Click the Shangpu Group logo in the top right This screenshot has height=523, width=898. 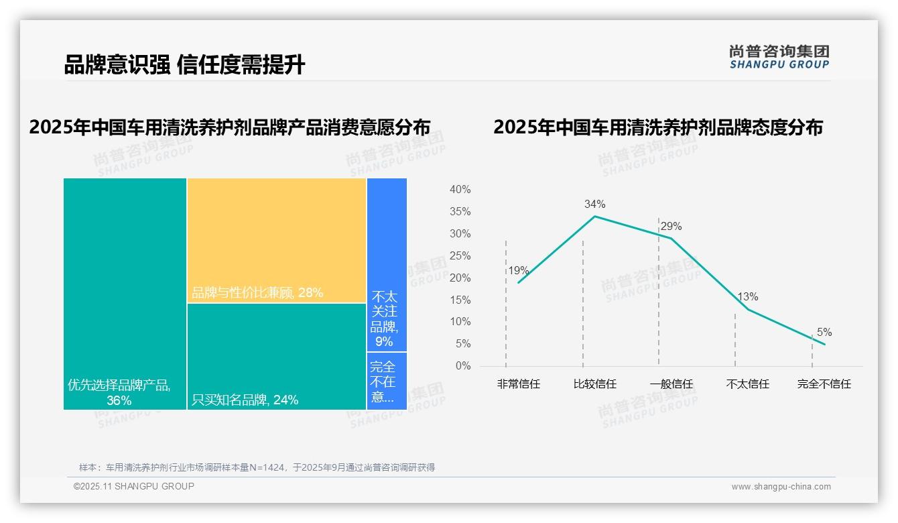(779, 57)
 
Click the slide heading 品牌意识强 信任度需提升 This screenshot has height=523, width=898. (184, 64)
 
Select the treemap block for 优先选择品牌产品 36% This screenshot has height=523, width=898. (125, 294)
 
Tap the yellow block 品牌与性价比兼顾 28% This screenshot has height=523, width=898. (276, 240)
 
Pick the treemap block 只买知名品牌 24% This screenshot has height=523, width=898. (276, 356)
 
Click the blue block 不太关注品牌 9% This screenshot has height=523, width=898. (387, 264)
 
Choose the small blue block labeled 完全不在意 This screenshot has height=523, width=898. (387, 381)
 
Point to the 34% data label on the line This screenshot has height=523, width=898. (594, 204)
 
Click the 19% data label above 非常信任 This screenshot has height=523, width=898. (518, 271)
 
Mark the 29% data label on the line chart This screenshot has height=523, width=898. (671, 226)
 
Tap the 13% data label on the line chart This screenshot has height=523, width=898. (747, 296)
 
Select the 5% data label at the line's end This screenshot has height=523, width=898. (824, 332)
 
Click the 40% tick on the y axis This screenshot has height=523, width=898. (460, 190)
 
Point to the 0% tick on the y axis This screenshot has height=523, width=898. (462, 366)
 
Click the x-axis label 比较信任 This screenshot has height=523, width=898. (594, 384)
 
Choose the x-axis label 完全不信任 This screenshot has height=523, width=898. (824, 384)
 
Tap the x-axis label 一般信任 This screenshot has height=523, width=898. (671, 384)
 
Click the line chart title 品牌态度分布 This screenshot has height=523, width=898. (657, 127)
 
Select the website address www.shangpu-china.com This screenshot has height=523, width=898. (781, 487)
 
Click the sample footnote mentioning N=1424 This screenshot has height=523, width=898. (257, 467)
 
